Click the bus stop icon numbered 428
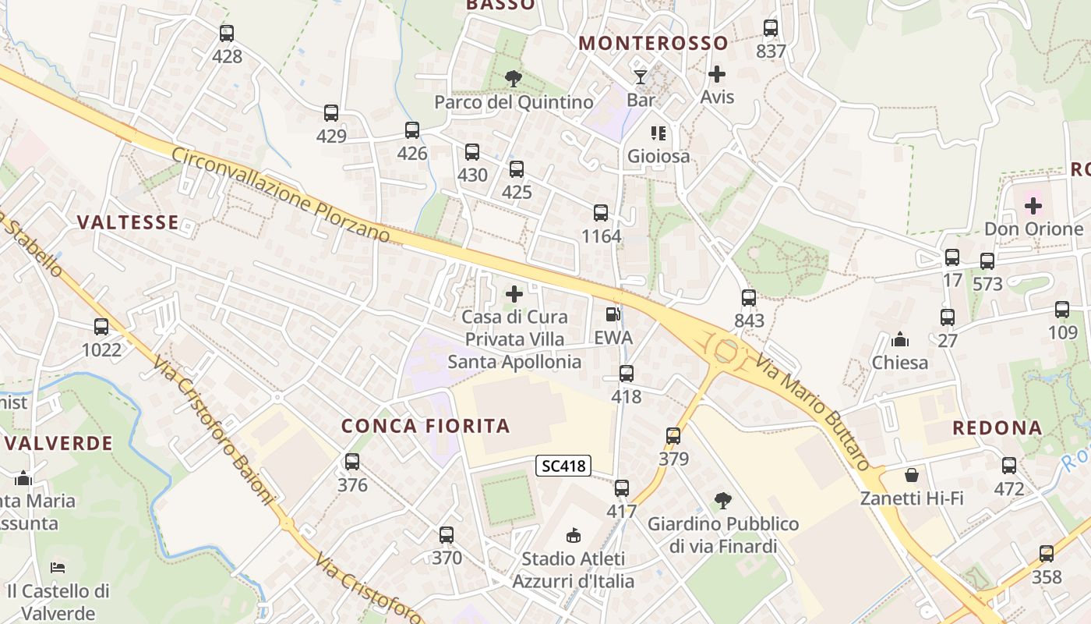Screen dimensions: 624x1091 click(x=226, y=34)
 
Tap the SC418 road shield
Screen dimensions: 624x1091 click(x=563, y=466)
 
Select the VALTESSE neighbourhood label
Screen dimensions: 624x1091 click(x=128, y=222)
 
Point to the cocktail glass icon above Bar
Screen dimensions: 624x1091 click(x=641, y=76)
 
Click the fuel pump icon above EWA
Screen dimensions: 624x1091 click(x=613, y=314)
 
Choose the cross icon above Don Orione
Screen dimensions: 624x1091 click(x=1033, y=206)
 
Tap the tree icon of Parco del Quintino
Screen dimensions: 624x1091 click(x=513, y=78)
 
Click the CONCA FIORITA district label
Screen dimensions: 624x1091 click(x=425, y=426)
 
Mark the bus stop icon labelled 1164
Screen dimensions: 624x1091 click(x=601, y=213)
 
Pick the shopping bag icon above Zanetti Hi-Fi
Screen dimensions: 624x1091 click(x=912, y=474)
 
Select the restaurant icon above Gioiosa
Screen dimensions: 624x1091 click(x=658, y=133)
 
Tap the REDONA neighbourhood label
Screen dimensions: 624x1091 click(x=997, y=427)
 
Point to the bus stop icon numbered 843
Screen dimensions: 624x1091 click(x=749, y=297)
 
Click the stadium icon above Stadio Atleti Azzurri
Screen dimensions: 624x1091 click(x=574, y=535)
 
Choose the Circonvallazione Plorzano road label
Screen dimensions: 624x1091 click(x=280, y=194)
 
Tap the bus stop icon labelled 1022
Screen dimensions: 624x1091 click(x=101, y=327)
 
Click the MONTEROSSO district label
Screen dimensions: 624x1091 click(x=653, y=43)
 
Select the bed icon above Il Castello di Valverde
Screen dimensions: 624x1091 click(x=57, y=567)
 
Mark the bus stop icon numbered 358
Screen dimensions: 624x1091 click(x=1047, y=554)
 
